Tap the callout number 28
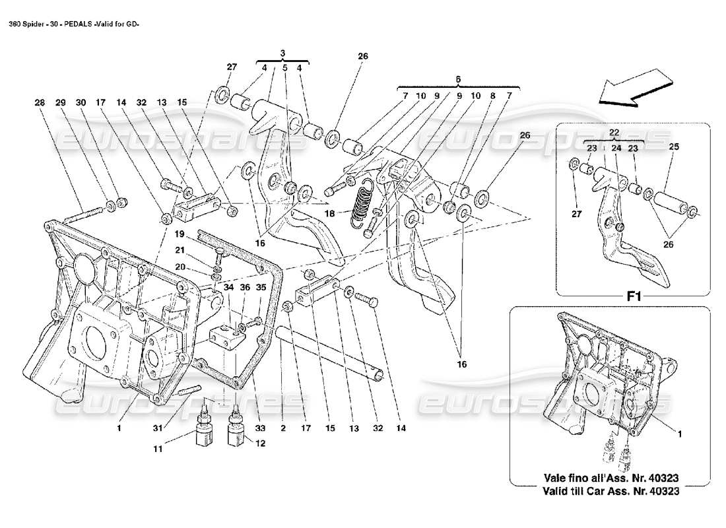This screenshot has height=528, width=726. pos(40,103)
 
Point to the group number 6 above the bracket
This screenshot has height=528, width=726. pos(458,79)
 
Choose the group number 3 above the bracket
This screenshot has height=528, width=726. pos(282,52)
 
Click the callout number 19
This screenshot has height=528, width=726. pos(178,234)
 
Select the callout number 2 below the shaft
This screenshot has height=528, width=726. pos(282,428)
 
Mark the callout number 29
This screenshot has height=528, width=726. pos(60,103)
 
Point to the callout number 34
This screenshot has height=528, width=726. pos(228,287)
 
